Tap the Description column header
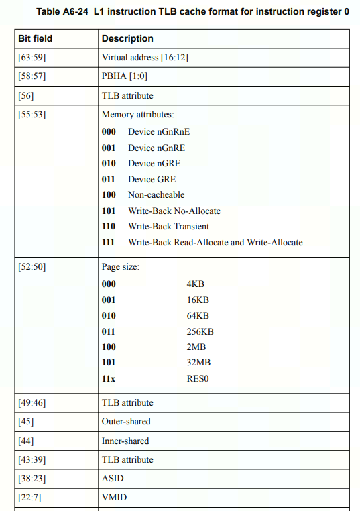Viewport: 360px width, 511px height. (x=127, y=39)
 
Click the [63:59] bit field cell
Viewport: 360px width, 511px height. (x=32, y=58)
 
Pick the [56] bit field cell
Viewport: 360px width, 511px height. (x=26, y=96)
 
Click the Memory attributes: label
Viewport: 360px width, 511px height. (x=137, y=115)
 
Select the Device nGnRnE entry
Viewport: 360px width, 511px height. (x=159, y=131)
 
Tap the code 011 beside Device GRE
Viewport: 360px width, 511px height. (x=109, y=179)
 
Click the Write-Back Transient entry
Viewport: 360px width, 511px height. (x=168, y=227)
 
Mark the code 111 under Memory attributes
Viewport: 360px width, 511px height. (x=109, y=242)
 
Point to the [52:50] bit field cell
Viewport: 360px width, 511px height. (x=32, y=267)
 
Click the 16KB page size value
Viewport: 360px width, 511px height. (x=198, y=300)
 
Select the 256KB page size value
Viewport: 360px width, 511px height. (x=200, y=331)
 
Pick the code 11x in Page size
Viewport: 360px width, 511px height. (x=109, y=378)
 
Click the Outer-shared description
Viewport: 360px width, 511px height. (x=126, y=422)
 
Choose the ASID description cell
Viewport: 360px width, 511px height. (x=113, y=479)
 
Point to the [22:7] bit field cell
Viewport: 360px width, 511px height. (x=30, y=498)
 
